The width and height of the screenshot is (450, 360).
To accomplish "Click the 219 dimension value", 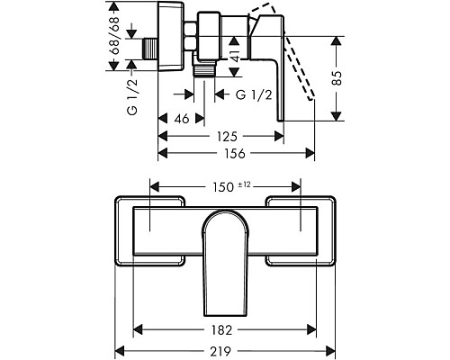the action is pos(220,351).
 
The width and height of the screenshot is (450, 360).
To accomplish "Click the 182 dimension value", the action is pos(221,330).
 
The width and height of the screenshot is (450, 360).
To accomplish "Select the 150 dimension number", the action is pos(223,187).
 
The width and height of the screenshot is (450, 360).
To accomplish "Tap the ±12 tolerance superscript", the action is pos(244,184).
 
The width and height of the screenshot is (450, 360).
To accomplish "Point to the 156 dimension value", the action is pos(235,154).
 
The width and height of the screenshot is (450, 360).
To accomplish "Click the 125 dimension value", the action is pos(227,137).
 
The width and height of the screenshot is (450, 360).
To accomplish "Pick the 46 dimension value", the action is pos(182,119).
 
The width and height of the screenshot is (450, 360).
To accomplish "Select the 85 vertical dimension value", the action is pos(337,78).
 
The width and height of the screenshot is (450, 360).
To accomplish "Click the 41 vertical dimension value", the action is pos(235,55).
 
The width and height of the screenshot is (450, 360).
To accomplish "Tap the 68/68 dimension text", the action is pos(114,36).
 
